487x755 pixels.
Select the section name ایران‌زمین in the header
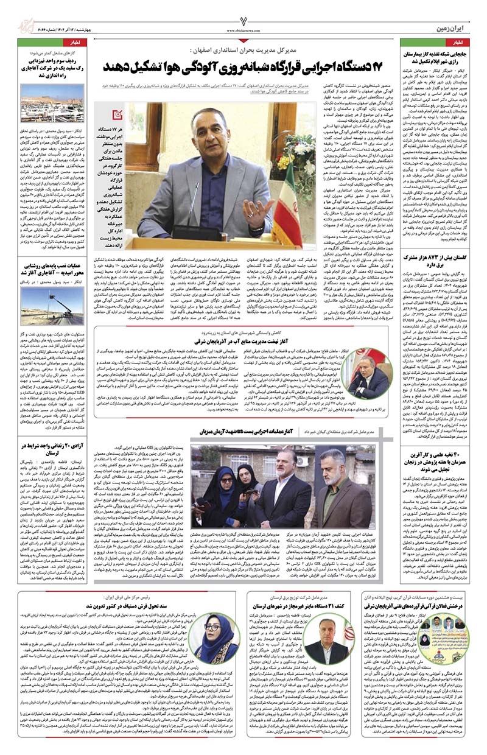click(451, 29)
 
